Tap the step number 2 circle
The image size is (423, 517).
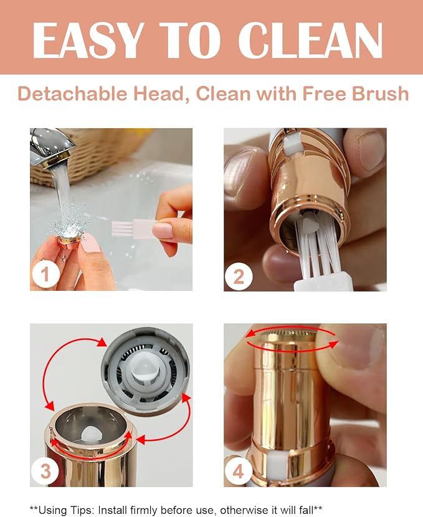[x=239, y=274]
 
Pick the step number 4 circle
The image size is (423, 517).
[x=239, y=472]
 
